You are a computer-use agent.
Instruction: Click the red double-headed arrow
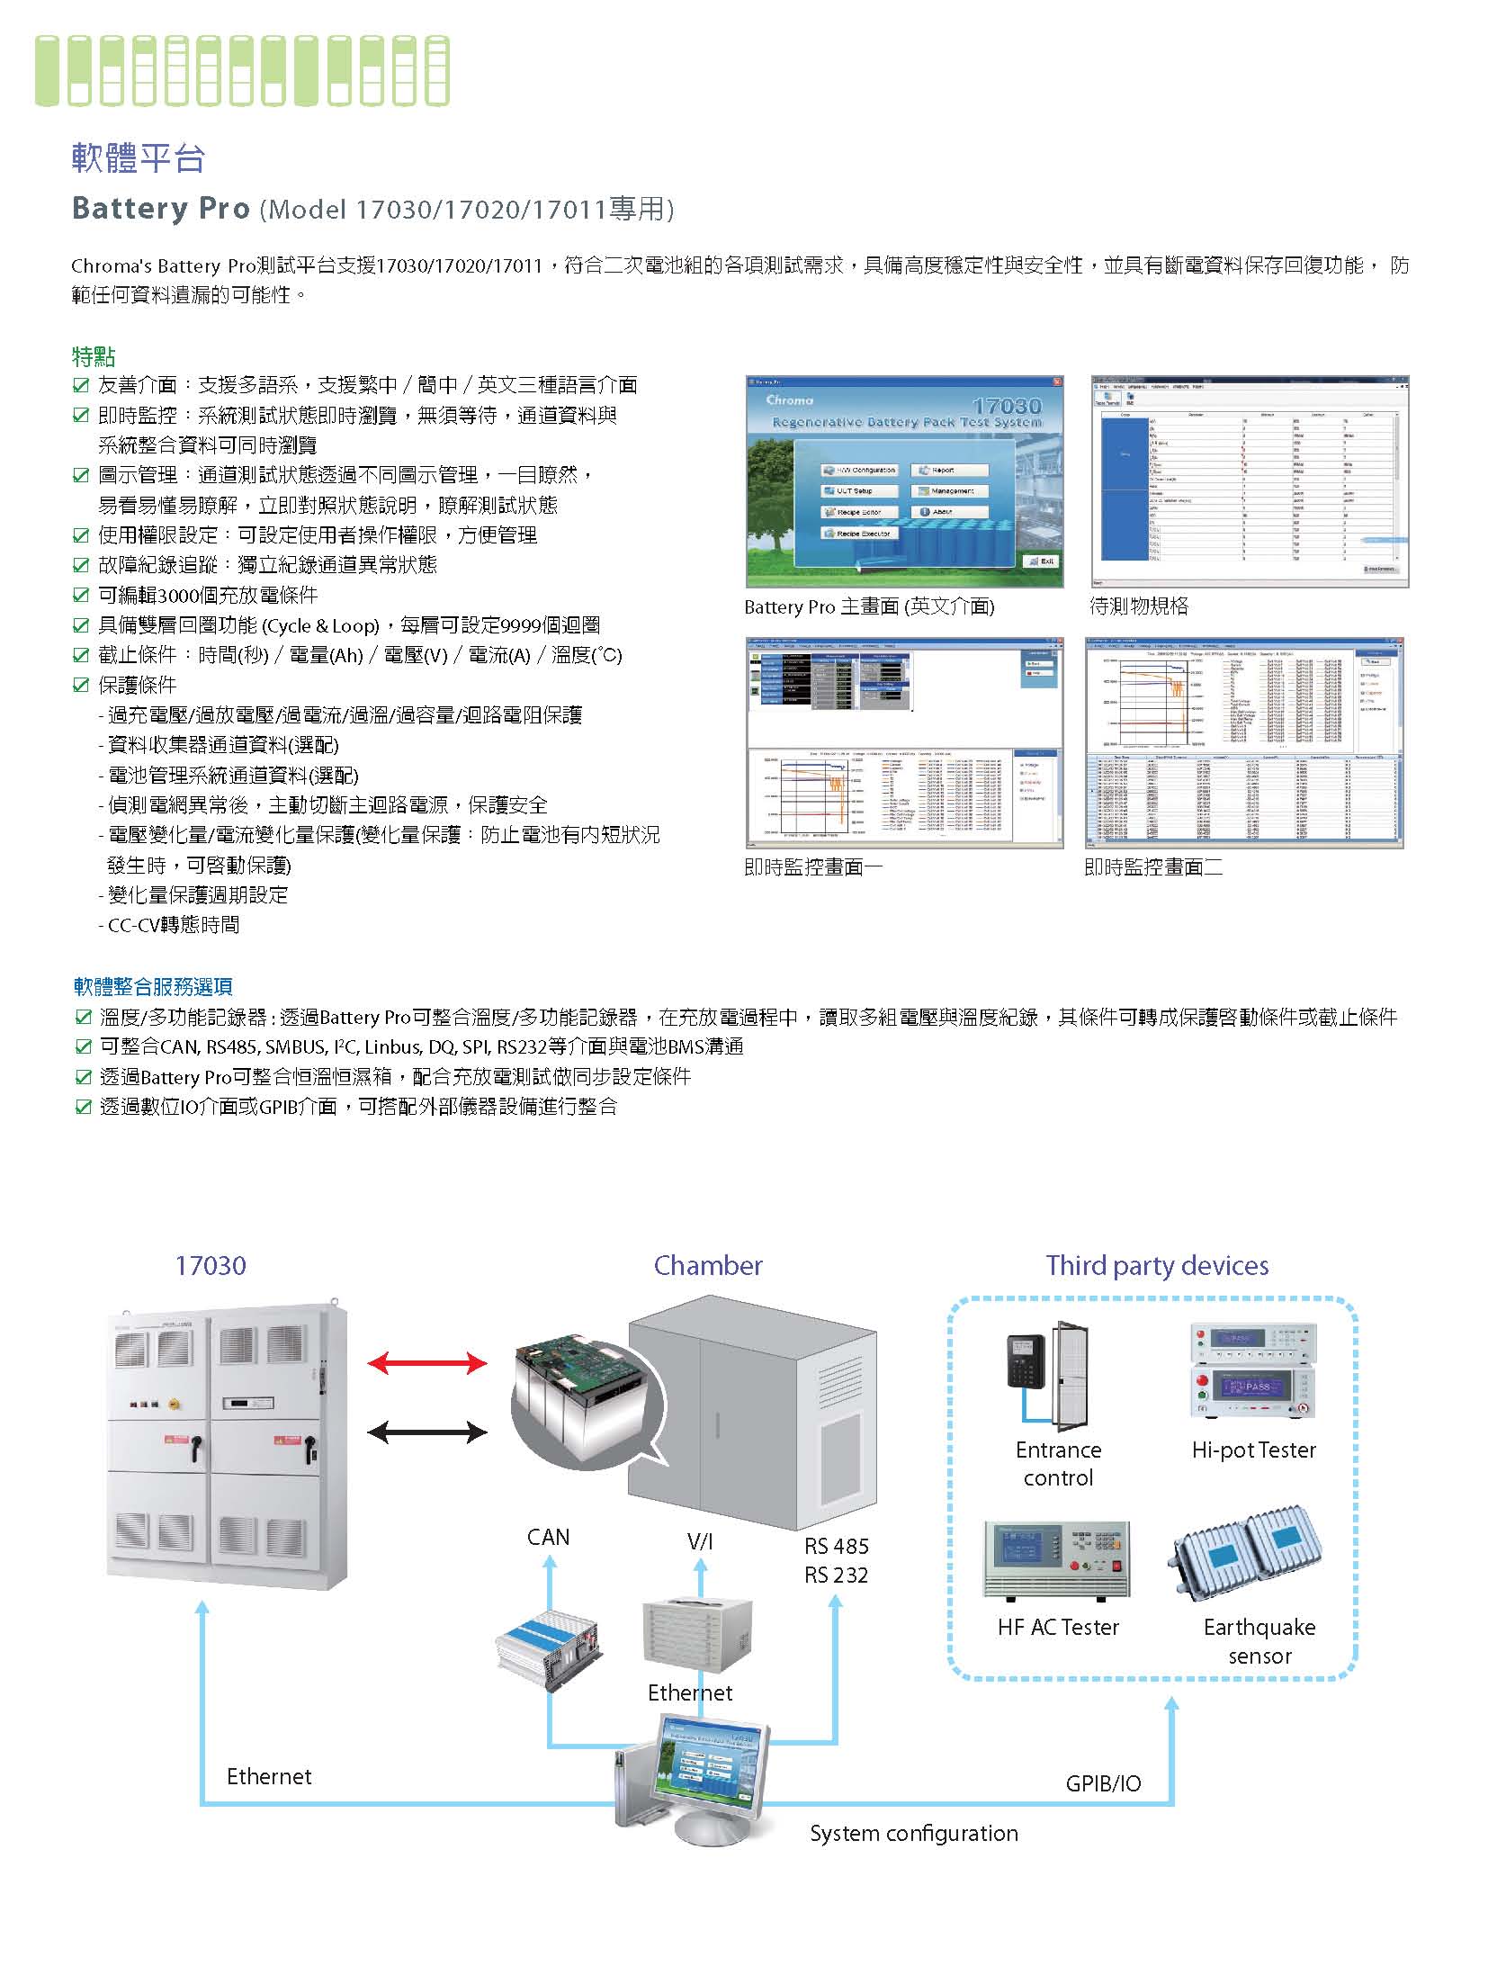point(427,1363)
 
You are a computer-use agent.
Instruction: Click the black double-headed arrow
point(427,1432)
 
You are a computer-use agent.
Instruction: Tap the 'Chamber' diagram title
point(708,1266)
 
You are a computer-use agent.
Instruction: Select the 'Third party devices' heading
point(1157,1266)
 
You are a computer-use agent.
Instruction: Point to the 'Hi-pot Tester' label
point(1253,1450)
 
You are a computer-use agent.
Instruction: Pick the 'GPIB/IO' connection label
point(1103,1783)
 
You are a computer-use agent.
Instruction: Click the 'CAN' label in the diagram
point(548,1538)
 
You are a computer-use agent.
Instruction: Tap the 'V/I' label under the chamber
point(700,1542)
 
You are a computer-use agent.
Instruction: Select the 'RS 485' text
point(837,1547)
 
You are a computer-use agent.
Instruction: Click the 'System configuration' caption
point(913,1834)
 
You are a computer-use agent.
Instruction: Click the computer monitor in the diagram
point(715,1764)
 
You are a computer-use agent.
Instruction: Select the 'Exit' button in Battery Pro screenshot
point(1042,561)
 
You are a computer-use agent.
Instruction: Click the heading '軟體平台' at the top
point(139,158)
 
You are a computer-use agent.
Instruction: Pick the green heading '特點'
point(94,356)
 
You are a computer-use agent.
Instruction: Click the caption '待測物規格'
point(1139,606)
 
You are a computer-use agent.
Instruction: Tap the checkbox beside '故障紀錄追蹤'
point(81,565)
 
